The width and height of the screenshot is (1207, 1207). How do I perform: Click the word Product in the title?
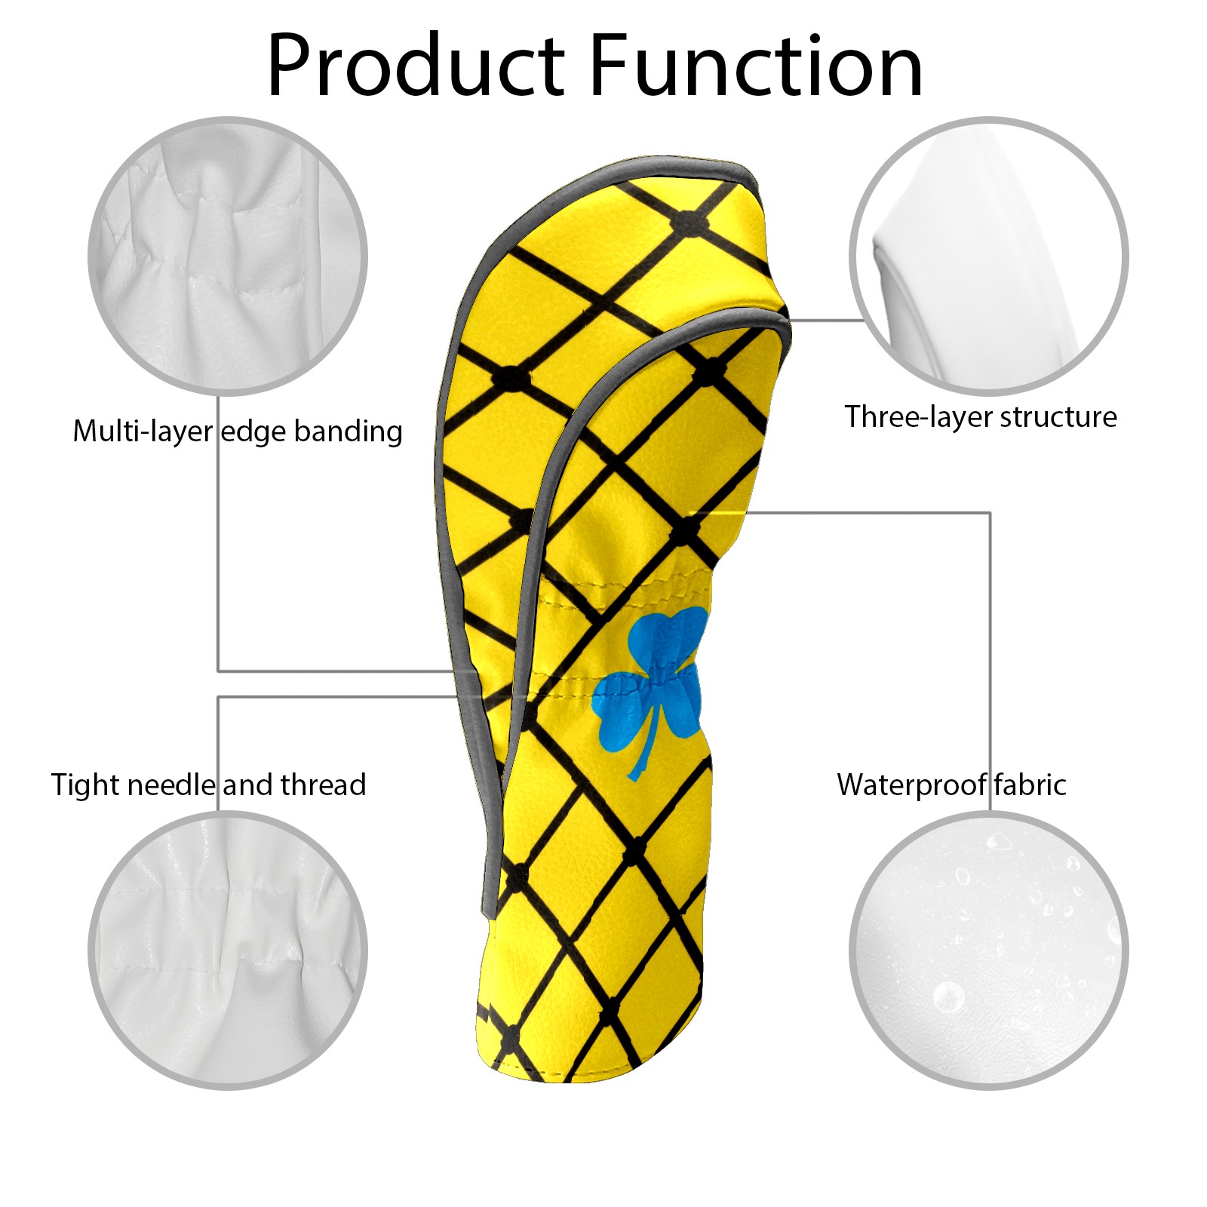pyautogui.click(x=416, y=66)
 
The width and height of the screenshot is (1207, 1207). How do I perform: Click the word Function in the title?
pyautogui.click(x=756, y=66)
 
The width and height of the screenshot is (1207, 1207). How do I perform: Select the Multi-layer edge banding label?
pyautogui.click(x=238, y=432)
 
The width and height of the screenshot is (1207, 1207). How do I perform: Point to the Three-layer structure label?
pyautogui.click(x=981, y=416)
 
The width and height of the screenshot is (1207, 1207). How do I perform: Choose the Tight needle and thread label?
pyautogui.click(x=208, y=785)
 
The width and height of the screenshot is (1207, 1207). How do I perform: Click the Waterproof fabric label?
pyautogui.click(x=951, y=785)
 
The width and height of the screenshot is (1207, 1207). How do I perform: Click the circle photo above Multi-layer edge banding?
pyautogui.click(x=228, y=255)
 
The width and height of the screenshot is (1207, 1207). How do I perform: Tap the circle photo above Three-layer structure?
pyautogui.click(x=989, y=255)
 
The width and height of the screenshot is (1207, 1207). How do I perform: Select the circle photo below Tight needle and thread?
pyautogui.click(x=228, y=950)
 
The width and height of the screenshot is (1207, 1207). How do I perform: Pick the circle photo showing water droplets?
pyautogui.click(x=989, y=950)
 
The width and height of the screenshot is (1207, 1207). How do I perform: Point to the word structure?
pyautogui.click(x=1059, y=417)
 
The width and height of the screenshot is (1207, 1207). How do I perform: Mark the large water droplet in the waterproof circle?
pyautogui.click(x=947, y=997)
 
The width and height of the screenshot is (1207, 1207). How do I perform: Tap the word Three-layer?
pyautogui.click(x=918, y=416)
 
